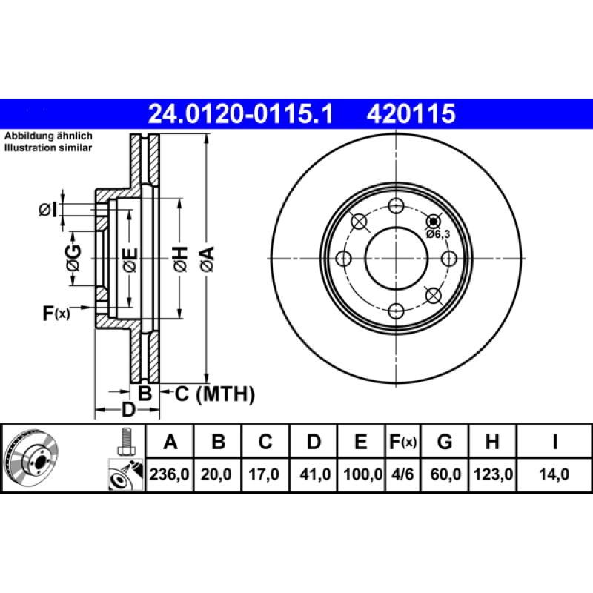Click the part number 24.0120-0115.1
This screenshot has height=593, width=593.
click(242, 113)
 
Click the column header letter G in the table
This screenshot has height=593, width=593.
click(445, 443)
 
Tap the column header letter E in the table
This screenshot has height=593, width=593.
click(360, 443)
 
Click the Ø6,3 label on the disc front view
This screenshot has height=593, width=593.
click(437, 233)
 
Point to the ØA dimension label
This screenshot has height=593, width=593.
click(206, 259)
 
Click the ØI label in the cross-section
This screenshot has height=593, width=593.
click(47, 211)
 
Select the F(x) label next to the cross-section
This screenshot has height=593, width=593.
click(56, 314)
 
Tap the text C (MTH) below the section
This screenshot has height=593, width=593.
click(214, 394)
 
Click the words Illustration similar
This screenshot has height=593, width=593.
click(48, 148)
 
